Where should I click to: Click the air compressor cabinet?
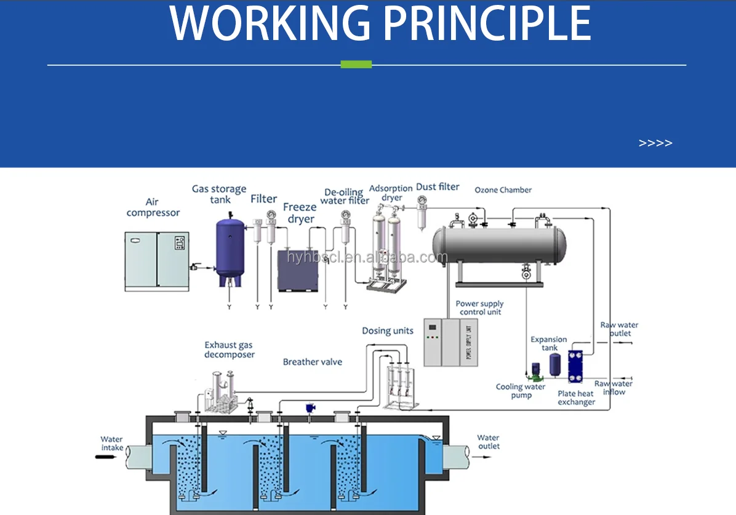(156, 261)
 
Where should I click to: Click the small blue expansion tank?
(554, 365)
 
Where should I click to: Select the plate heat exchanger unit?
(575, 367)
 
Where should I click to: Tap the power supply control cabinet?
(450, 342)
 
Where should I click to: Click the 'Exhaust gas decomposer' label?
(229, 350)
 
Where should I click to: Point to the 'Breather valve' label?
(312, 362)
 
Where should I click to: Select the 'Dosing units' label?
(388, 331)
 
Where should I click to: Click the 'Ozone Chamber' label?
(503, 190)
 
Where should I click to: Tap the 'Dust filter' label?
(438, 186)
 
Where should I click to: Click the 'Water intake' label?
(112, 444)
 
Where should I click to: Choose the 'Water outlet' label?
(489, 442)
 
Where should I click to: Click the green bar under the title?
(356, 64)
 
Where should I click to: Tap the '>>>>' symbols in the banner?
(655, 143)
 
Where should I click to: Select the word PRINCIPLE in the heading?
(487, 23)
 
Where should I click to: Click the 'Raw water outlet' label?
(619, 329)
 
